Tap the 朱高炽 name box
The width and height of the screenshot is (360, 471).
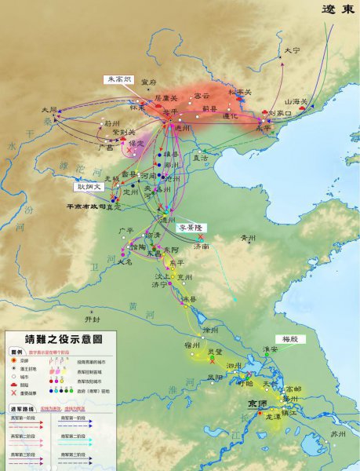120,80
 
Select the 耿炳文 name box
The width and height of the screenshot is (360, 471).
87,187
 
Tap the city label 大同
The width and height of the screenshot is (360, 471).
49,110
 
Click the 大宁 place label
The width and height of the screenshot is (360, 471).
292,50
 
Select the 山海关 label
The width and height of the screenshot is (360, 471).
296,101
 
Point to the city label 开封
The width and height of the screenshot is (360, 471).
93,319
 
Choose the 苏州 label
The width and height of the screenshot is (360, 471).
337,433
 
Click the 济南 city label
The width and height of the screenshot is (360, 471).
201,246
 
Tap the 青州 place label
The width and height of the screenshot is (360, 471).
248,237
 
